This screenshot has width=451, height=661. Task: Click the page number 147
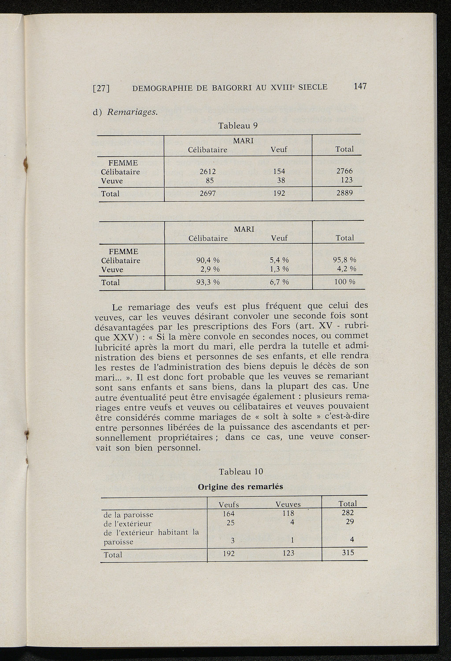pos(359,86)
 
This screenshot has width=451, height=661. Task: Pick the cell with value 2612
pos(207,172)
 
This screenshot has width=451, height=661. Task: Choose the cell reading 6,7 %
pos(279,282)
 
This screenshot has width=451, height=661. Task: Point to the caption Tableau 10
pos(241,471)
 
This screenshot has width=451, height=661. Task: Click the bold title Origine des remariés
pos(240,487)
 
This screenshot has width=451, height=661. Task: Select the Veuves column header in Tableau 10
pos(288,504)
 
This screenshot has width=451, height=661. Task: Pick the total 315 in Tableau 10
pos(348,553)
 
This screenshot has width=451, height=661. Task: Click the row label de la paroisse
pos(128,515)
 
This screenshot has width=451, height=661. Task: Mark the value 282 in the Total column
pos(348,513)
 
